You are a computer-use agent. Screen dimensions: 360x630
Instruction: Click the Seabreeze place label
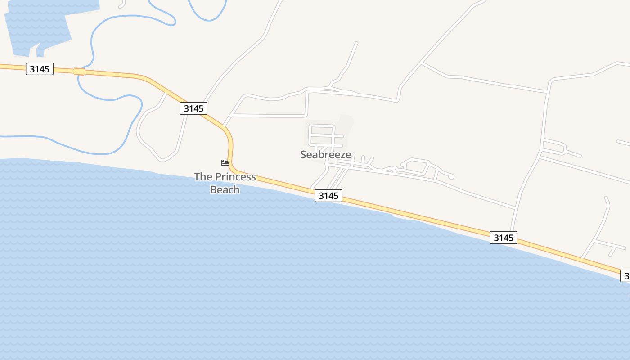coord(325,155)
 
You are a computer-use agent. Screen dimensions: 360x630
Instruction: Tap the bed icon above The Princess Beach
coord(225,163)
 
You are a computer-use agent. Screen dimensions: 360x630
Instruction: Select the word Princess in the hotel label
coord(235,177)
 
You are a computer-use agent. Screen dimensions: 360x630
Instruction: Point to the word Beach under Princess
coord(225,190)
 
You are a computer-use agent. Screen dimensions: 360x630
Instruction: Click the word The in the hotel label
coord(203,177)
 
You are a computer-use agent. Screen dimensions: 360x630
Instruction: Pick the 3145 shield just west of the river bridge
coord(40,69)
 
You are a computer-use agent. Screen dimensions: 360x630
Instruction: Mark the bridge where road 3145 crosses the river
coord(79,72)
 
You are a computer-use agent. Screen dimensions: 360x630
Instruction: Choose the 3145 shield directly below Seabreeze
coord(328,196)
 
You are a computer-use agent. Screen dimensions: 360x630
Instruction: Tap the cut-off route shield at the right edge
coord(625,275)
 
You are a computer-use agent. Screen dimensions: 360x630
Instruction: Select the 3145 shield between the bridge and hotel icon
coord(193,108)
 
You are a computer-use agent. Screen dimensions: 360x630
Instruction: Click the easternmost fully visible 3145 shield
coord(504,238)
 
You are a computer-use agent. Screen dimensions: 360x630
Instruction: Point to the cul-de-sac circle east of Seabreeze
coord(451,176)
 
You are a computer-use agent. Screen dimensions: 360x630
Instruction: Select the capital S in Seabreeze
coord(304,155)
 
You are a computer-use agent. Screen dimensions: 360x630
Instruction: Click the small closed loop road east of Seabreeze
coord(416,166)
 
